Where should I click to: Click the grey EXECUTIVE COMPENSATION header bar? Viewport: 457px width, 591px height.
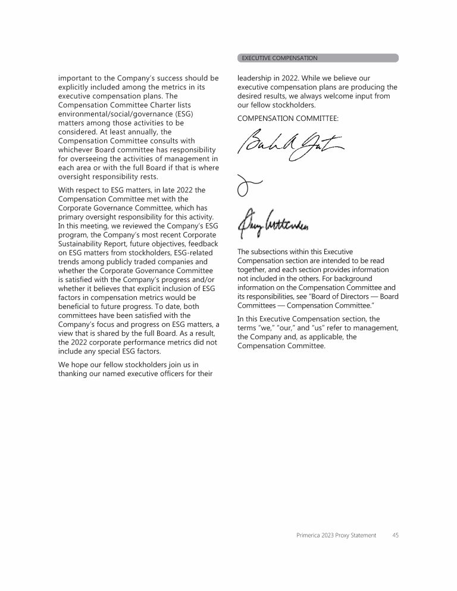[318, 58]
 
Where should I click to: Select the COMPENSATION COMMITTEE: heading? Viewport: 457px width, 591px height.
[287, 118]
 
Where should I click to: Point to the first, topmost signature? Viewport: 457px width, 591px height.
[290, 145]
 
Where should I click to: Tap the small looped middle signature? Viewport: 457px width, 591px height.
[245, 186]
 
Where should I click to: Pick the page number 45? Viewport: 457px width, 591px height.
[395, 535]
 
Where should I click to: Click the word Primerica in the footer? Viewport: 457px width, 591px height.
[309, 535]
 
